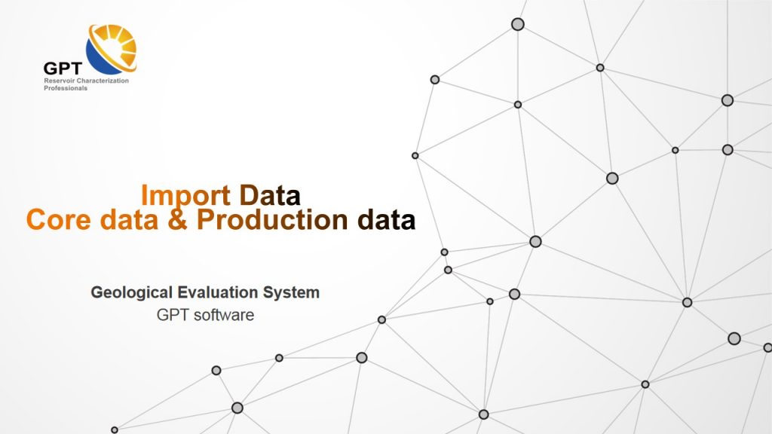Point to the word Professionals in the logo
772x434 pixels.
pyautogui.click(x=66, y=88)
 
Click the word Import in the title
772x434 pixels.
pyautogui.click(x=186, y=196)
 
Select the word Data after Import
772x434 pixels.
pyautogui.click(x=270, y=196)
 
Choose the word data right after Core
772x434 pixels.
pyautogui.click(x=126, y=220)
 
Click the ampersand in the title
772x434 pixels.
pyautogui.click(x=177, y=220)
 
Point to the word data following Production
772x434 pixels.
pyautogui.click(x=386, y=220)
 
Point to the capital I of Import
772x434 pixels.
pyautogui.click(x=145, y=196)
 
